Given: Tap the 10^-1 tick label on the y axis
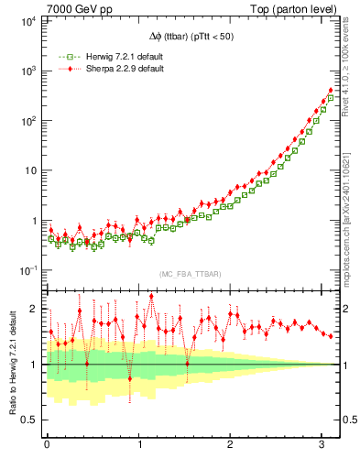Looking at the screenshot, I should click(25, 271).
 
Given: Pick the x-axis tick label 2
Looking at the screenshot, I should click(231, 444).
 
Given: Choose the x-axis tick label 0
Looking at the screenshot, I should click(47, 444).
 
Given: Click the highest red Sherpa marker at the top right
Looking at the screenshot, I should click(331, 90).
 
